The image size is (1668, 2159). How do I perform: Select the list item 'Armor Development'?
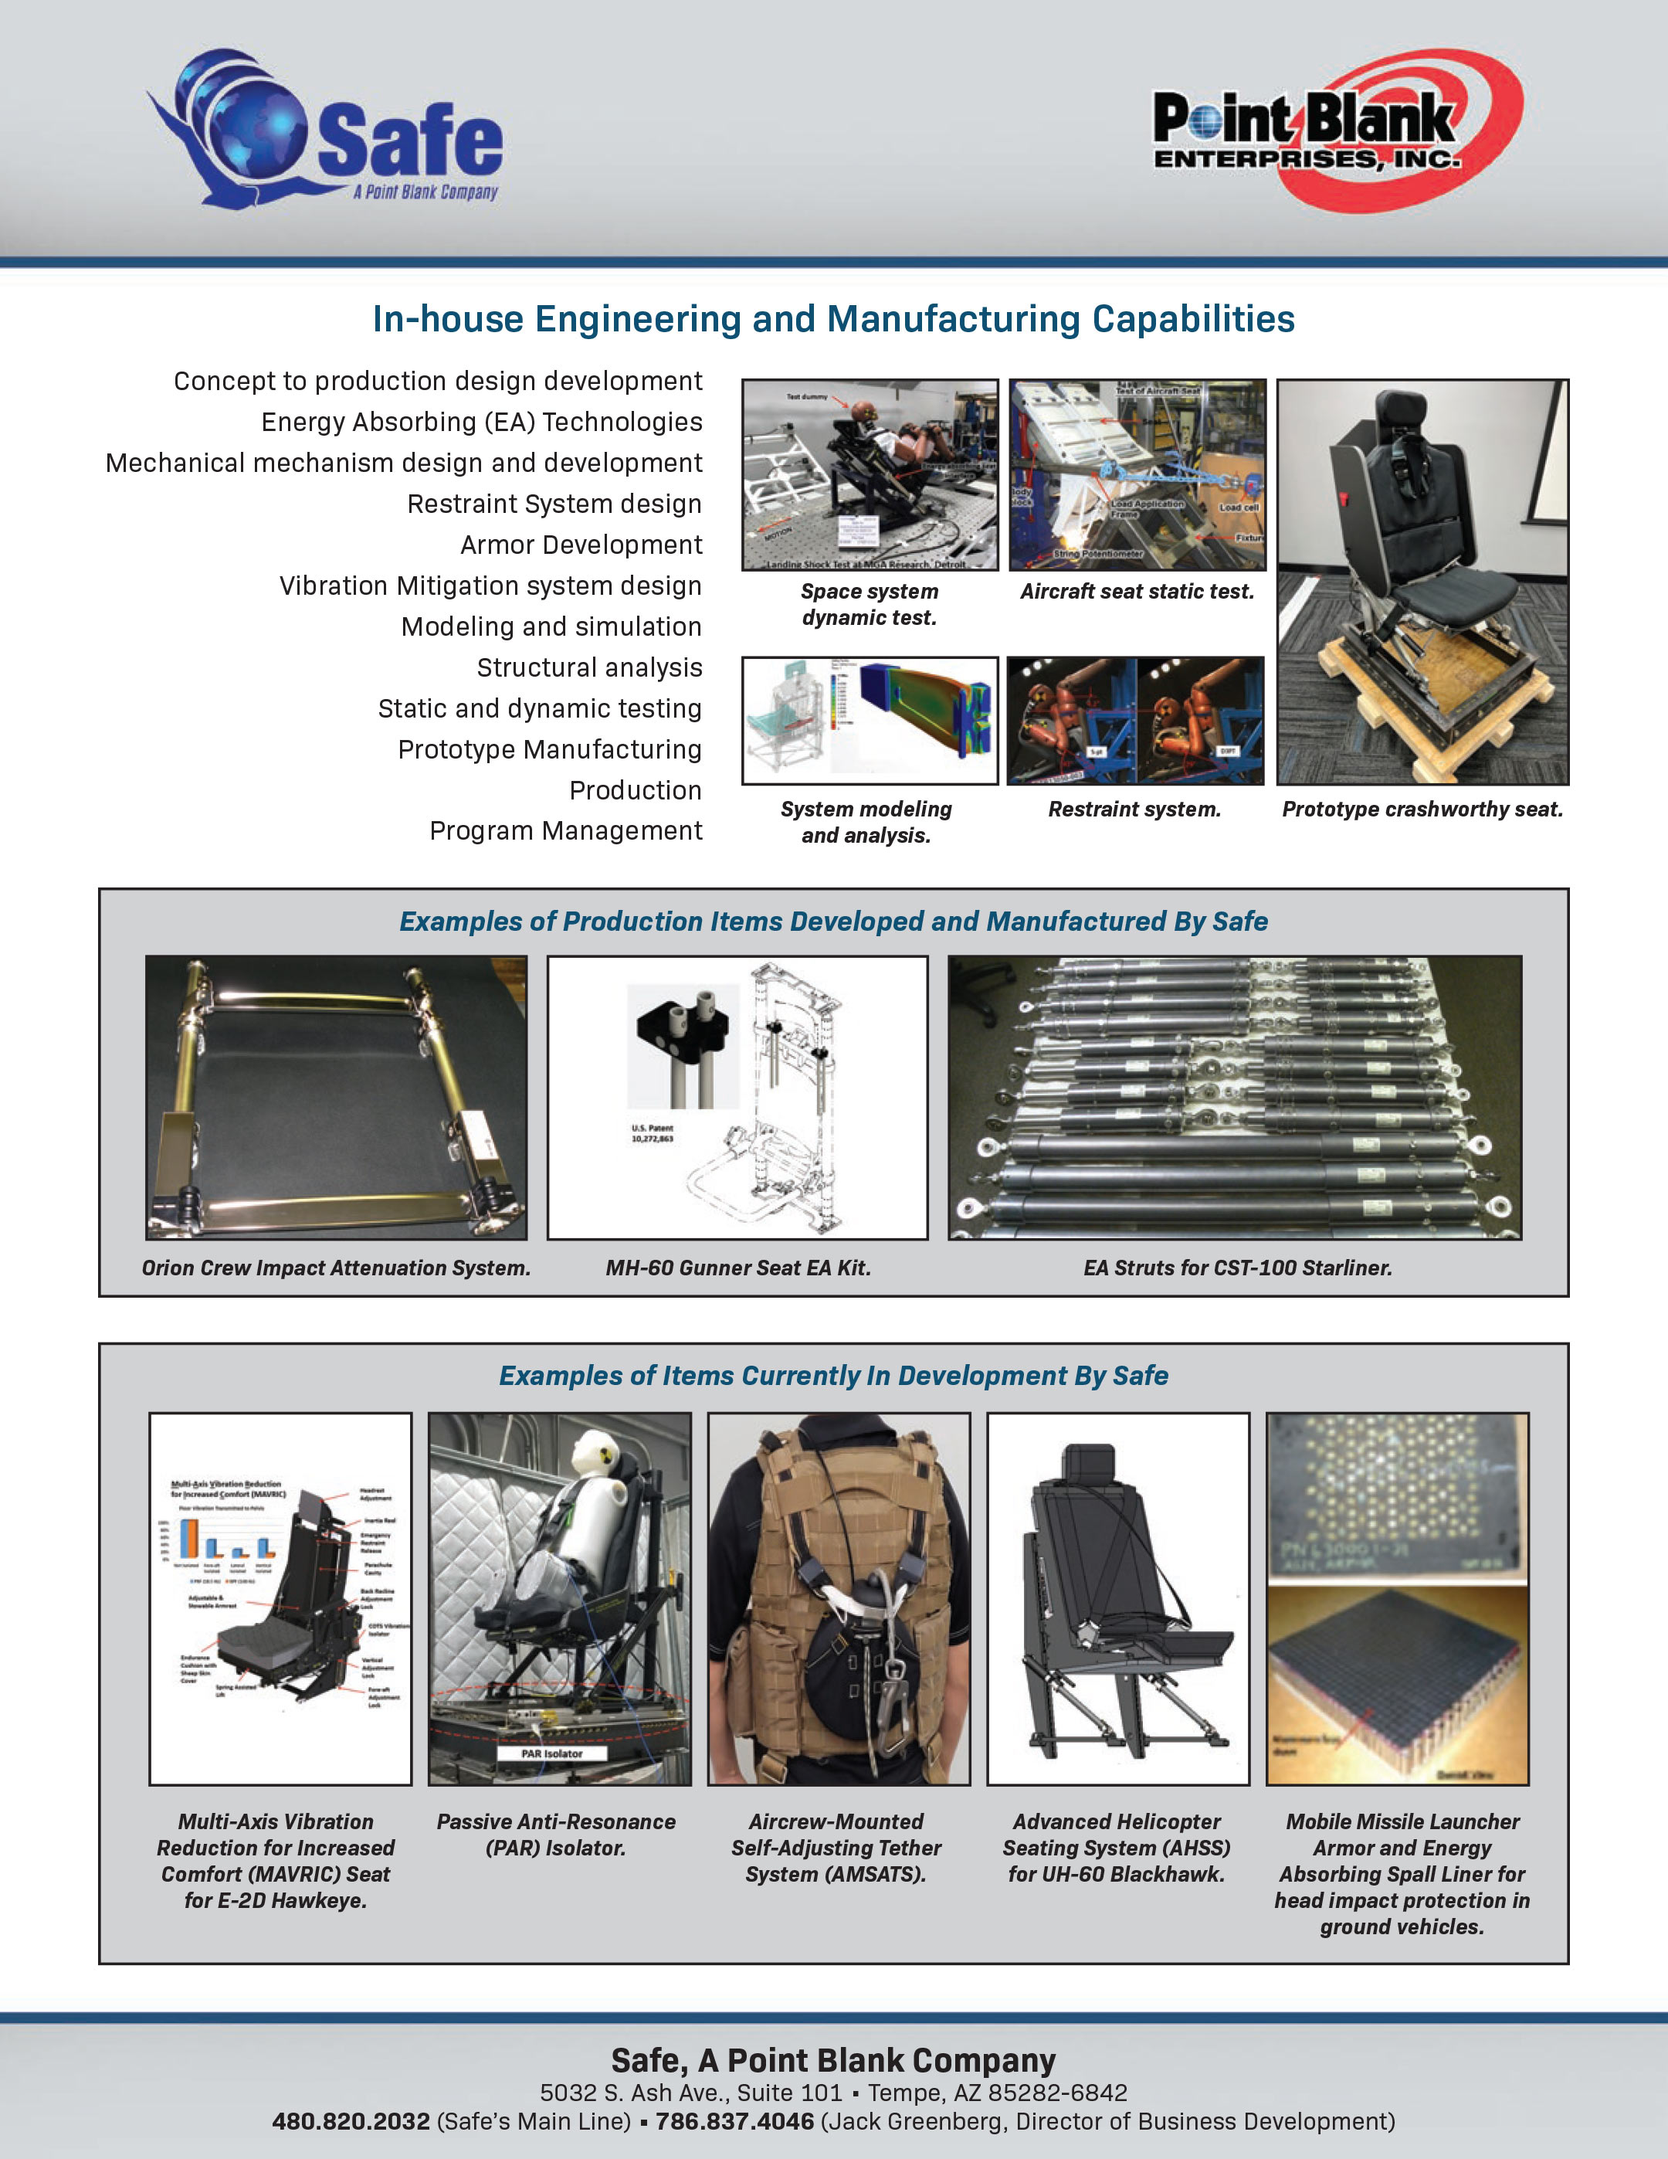tap(581, 545)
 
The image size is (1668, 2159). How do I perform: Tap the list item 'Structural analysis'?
tap(589, 667)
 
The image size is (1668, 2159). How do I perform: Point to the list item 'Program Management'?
tap(565, 830)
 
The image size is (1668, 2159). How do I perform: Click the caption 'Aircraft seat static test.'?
tap(1137, 591)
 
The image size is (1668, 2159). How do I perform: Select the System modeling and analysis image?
tap(870, 720)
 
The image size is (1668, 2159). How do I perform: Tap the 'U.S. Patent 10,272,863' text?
tap(653, 1133)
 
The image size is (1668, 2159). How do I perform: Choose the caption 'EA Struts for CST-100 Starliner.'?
tap(1237, 1268)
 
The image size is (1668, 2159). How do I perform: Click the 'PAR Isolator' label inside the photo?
tap(551, 1753)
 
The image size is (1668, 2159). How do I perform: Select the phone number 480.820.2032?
tap(351, 2121)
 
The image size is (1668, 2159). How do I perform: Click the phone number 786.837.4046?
tap(734, 2121)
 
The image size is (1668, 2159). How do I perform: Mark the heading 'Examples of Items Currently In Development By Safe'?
tap(833, 1375)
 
